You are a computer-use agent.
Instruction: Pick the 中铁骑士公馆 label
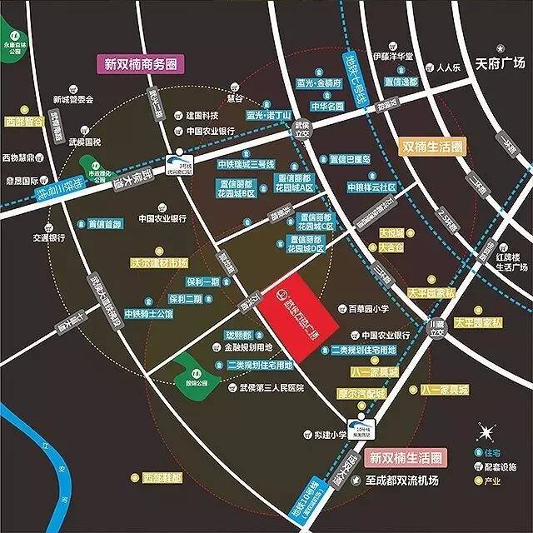(x=147, y=313)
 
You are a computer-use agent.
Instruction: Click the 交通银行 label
(x=49, y=237)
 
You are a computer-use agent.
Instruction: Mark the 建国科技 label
(x=202, y=115)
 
